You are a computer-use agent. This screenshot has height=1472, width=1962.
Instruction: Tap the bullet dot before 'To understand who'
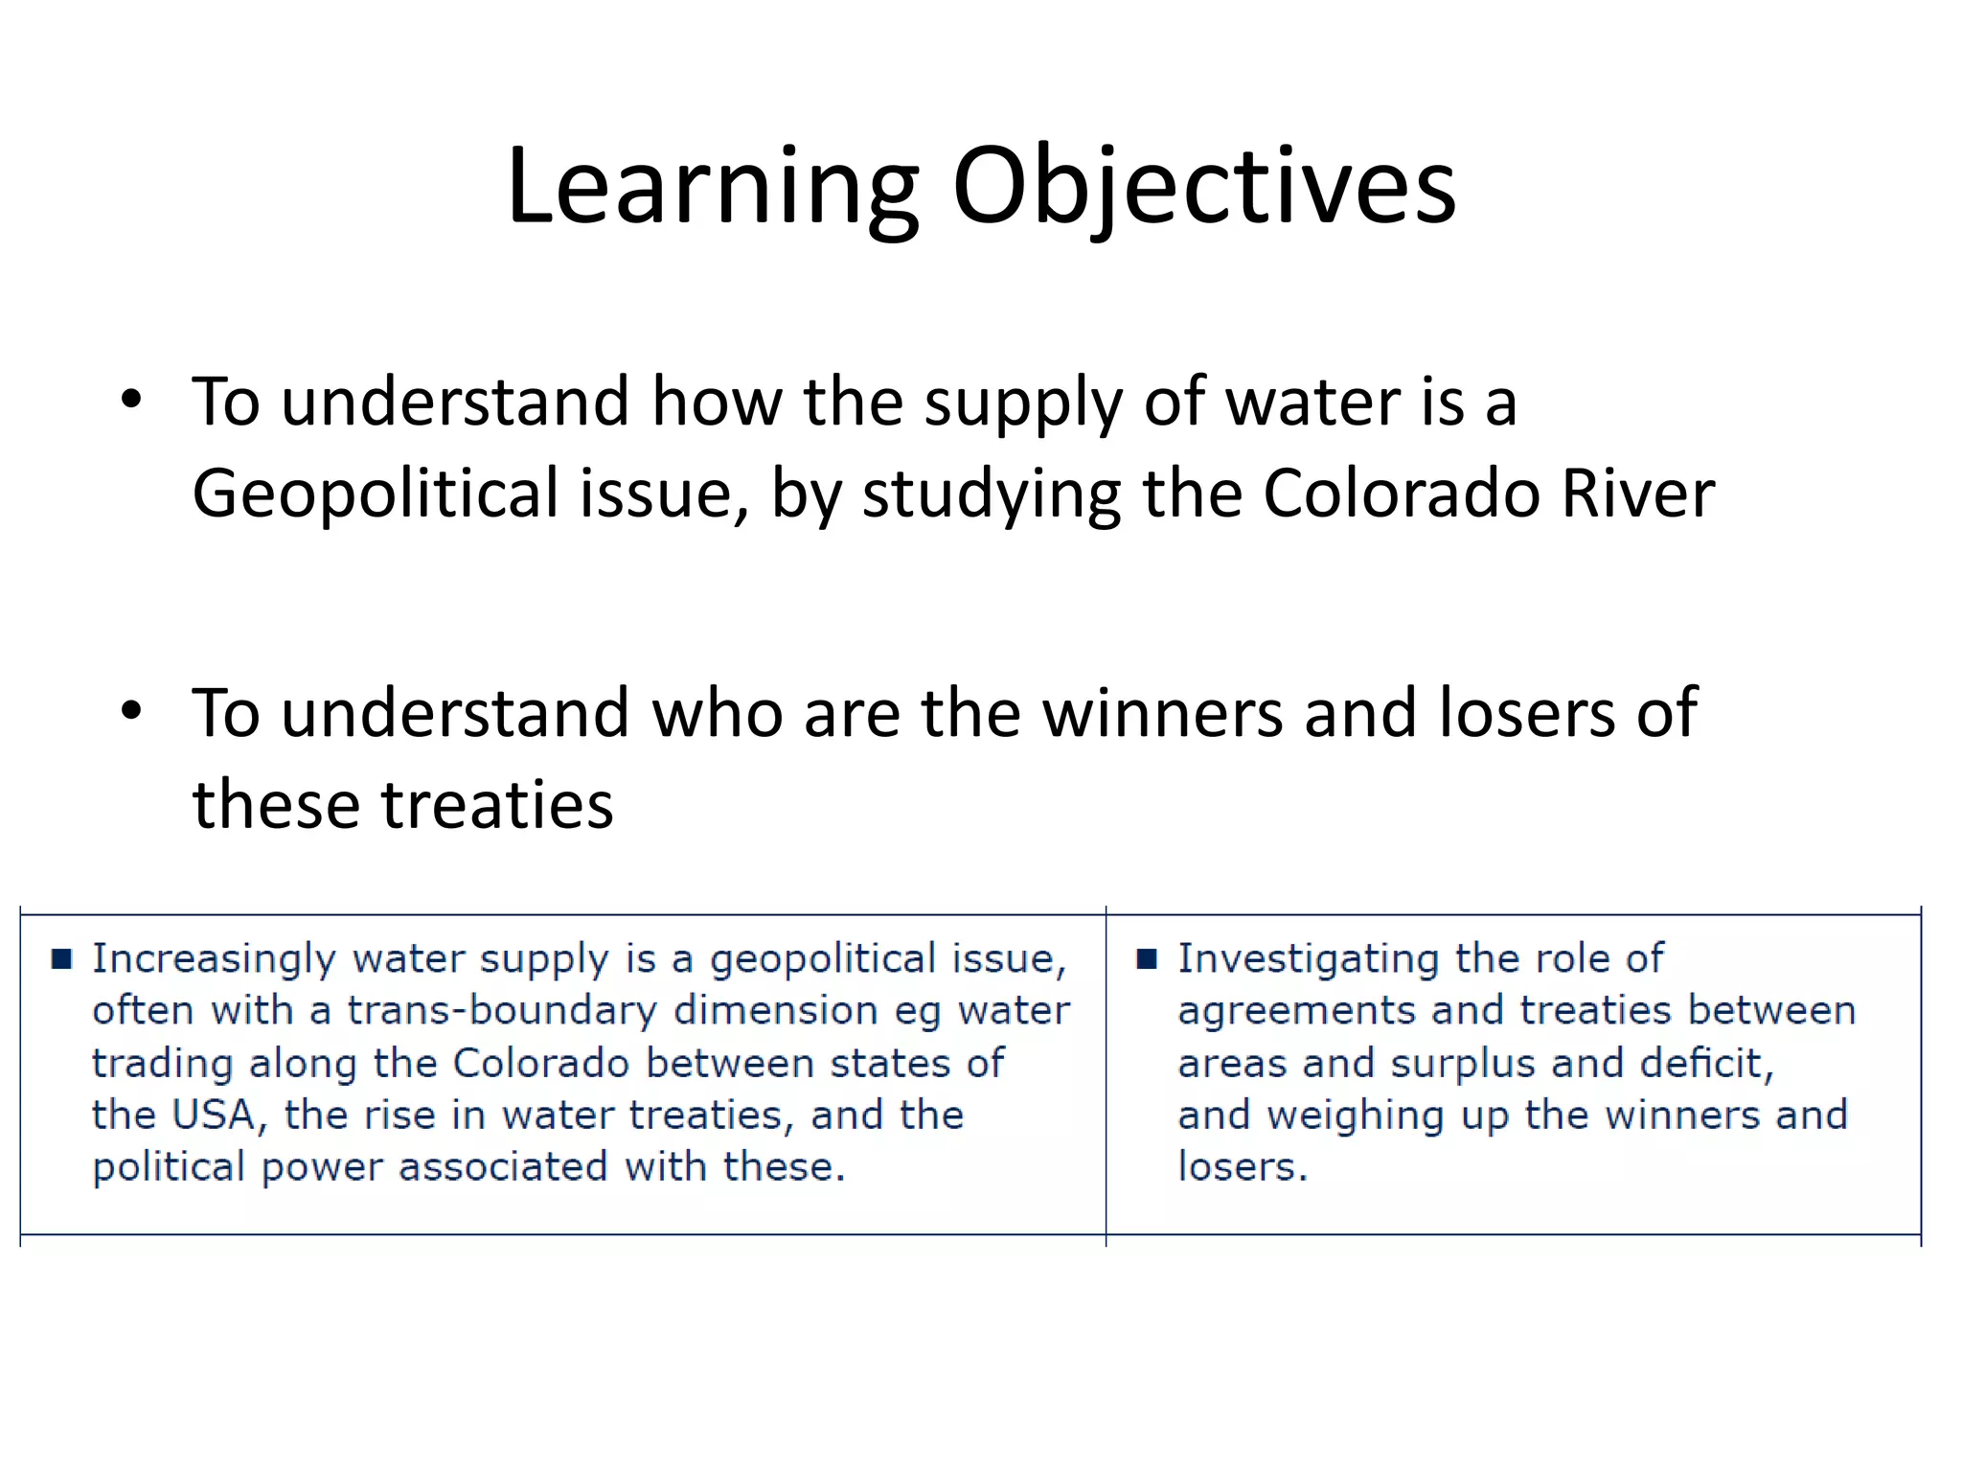(131, 711)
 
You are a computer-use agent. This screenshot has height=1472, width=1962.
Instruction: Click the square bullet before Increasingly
(62, 958)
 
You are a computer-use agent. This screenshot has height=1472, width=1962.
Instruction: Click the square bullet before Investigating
(1147, 958)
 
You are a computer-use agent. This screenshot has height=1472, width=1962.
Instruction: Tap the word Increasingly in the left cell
(214, 959)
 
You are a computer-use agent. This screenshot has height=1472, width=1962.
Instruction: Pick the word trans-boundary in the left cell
(501, 1011)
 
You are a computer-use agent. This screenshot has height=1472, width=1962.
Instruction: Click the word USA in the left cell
(213, 1115)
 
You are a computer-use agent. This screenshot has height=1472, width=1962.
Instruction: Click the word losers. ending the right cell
(1242, 1167)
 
